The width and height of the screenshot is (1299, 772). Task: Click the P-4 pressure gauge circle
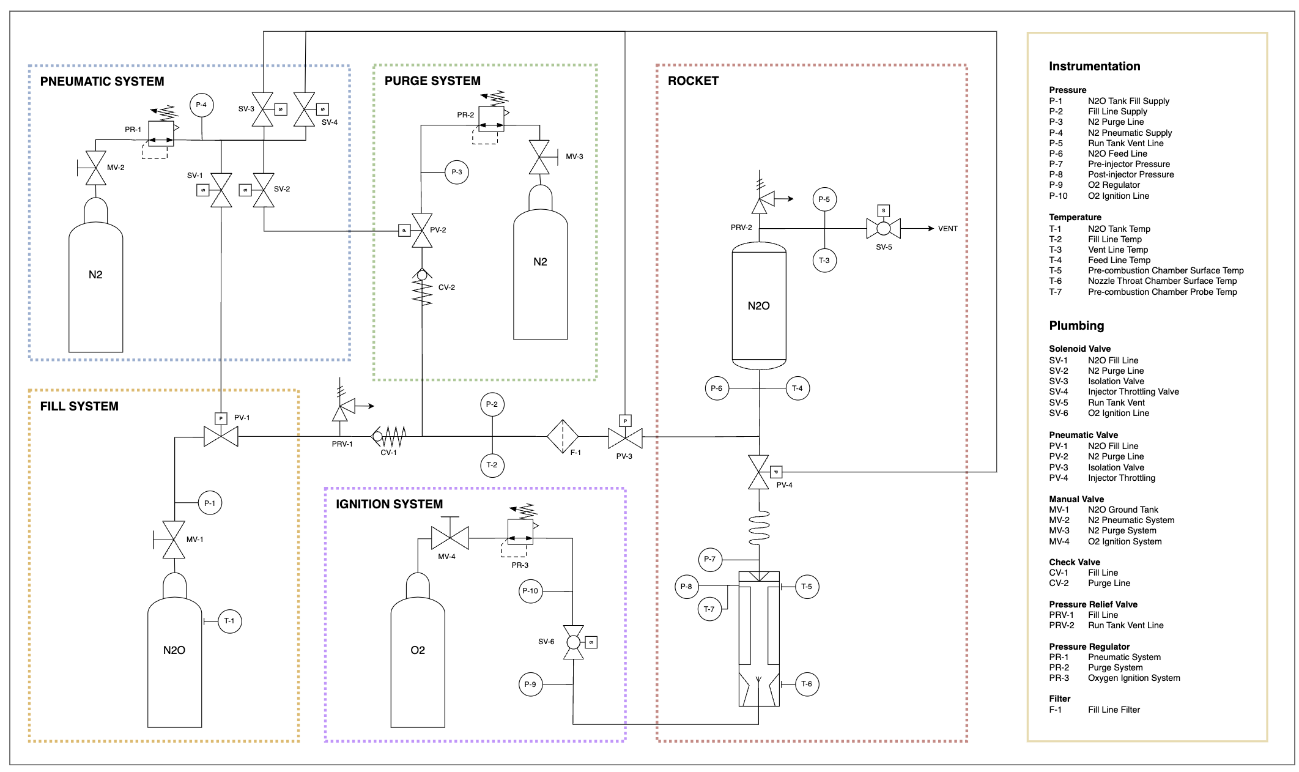tap(201, 105)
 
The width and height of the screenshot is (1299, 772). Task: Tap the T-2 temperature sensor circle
tap(492, 465)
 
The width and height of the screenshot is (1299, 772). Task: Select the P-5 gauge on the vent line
tap(824, 199)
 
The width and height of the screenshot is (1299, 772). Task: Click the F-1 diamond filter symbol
tap(562, 436)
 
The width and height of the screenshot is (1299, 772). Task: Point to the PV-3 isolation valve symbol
tap(625, 438)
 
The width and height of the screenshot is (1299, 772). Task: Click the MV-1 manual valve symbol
tap(174, 540)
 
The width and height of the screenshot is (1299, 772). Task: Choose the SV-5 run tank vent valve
tap(884, 228)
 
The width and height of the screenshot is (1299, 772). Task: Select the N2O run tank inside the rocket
tap(759, 306)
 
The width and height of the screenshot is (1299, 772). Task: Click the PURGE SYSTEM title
tap(432, 81)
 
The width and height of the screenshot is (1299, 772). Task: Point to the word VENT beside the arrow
tap(948, 229)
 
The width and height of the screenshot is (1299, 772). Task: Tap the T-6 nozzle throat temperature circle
tap(807, 684)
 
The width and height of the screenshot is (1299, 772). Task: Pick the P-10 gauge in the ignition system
tap(530, 591)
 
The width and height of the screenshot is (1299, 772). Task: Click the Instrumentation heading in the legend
tap(1095, 66)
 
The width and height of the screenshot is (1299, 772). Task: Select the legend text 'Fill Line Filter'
tap(1114, 710)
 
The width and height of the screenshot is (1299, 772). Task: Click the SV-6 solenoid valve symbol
tap(574, 642)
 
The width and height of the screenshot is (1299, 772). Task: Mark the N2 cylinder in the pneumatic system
tap(96, 275)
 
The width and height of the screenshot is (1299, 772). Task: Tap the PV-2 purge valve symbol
tap(422, 231)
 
